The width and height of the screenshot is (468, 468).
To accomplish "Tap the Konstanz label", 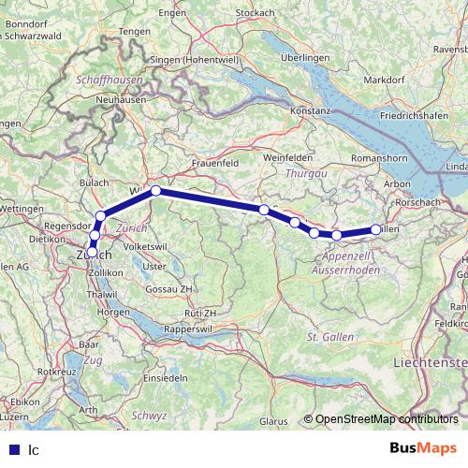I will tap(313, 110).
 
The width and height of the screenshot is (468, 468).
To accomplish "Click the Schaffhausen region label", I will tap(111, 81).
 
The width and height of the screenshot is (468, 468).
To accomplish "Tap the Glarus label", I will tap(275, 421).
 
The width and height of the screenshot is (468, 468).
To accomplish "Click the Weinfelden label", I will tap(287, 157).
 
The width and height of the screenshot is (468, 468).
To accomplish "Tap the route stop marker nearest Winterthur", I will tap(156, 191).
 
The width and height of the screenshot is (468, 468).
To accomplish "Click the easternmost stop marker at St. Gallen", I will tap(376, 229).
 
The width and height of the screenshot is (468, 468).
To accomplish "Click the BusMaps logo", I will tap(422, 448).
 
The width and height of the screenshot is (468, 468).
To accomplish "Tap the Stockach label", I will tap(255, 12).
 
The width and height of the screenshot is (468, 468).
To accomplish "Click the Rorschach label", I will tap(418, 202).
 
